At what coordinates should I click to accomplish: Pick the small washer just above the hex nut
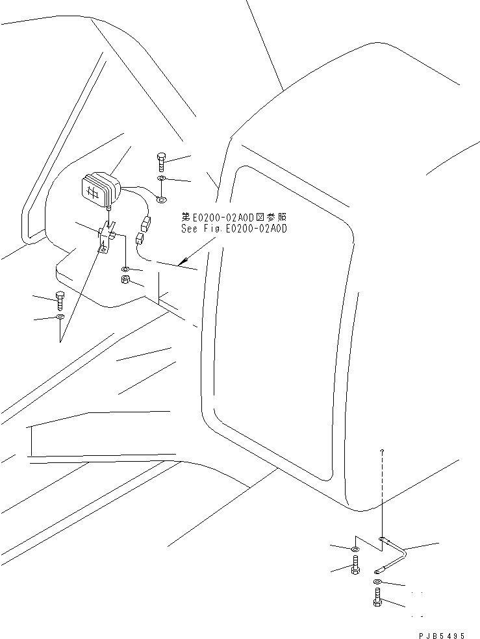click(127, 268)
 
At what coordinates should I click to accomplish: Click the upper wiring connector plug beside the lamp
click(146, 223)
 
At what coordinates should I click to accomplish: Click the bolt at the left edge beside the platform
click(60, 300)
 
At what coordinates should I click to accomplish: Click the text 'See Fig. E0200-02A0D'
click(234, 229)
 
